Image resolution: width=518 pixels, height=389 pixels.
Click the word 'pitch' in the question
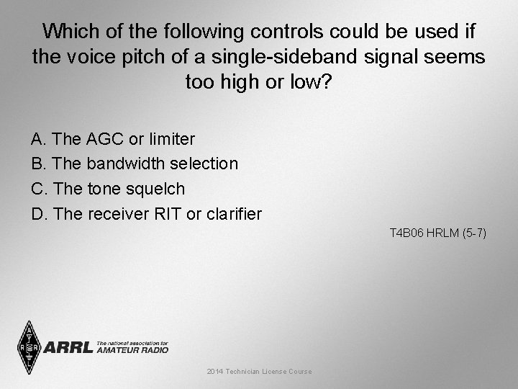[x=127, y=56]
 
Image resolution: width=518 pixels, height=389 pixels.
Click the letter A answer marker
[x=37, y=138]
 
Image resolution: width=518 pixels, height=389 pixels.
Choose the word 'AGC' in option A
[x=104, y=138]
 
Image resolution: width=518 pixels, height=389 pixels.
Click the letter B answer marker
[x=37, y=164]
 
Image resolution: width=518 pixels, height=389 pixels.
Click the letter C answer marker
[x=37, y=189]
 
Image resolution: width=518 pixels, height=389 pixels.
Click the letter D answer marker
[x=37, y=214]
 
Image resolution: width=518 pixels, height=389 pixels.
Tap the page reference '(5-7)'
[x=475, y=233]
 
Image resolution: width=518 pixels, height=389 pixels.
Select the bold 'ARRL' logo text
[x=68, y=347]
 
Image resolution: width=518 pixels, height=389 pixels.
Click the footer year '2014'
[x=214, y=372]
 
